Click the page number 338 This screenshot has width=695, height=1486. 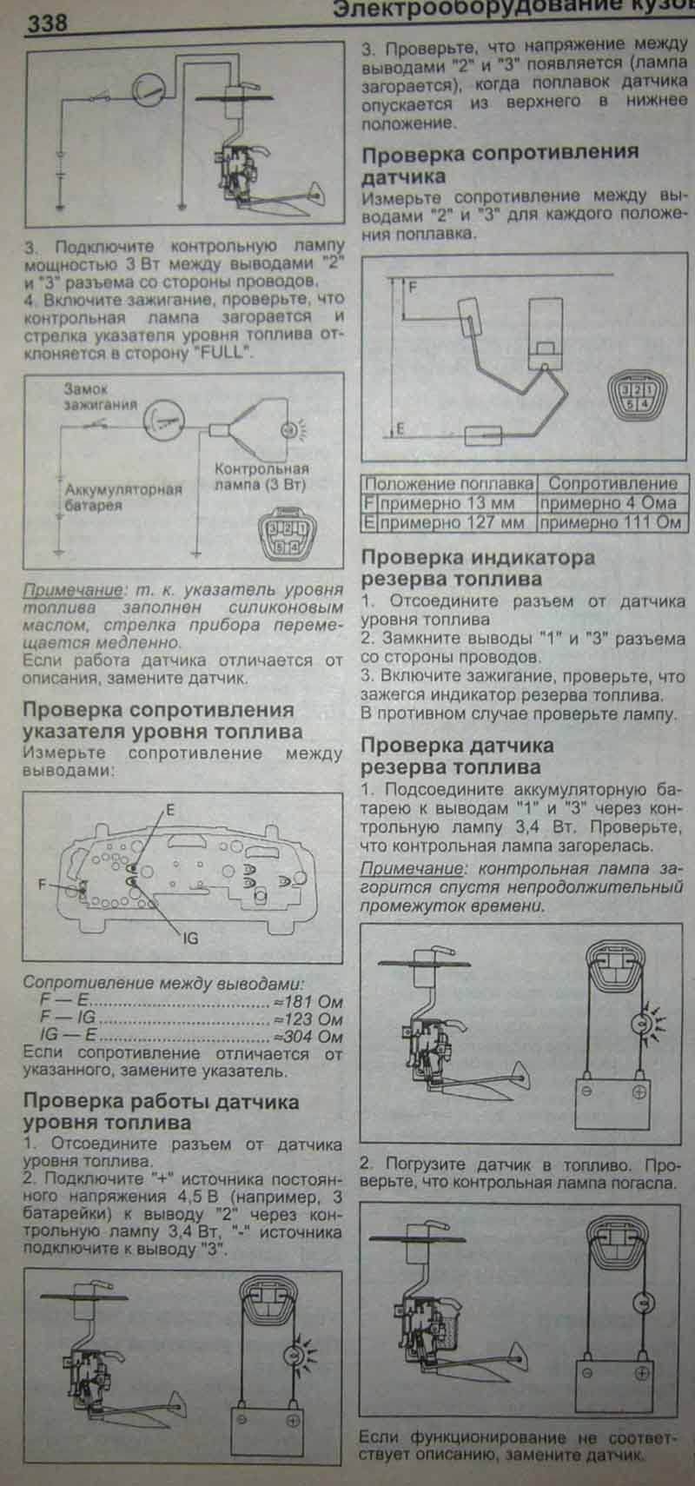click(47, 23)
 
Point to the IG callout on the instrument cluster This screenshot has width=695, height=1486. click(191, 938)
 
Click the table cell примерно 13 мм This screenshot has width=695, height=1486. click(447, 503)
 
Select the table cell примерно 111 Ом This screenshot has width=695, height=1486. click(610, 523)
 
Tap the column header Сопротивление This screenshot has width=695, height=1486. click(612, 484)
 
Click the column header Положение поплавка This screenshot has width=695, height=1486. click(448, 484)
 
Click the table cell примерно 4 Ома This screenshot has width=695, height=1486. click(608, 503)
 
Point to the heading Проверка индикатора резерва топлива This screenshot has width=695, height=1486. click(477, 567)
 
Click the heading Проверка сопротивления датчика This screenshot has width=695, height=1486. click(500, 163)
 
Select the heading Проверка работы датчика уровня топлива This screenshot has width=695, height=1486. click(161, 1112)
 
